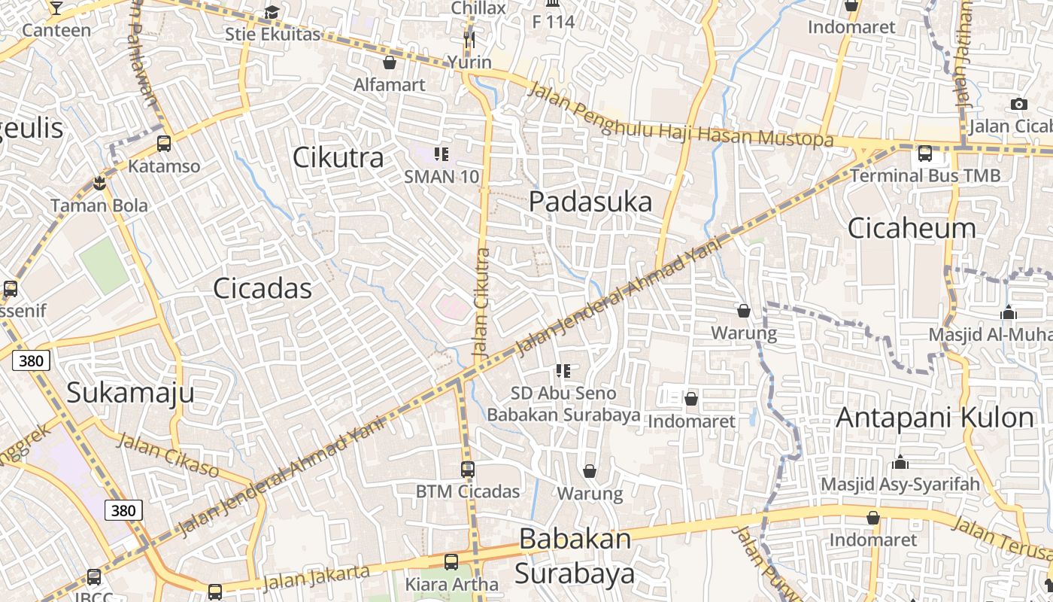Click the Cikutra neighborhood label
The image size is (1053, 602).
point(338,157)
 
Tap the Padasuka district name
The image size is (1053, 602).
point(590,202)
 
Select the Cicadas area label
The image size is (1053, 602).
point(262,288)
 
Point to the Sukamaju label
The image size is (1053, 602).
point(130,392)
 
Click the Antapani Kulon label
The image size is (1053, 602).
point(935,417)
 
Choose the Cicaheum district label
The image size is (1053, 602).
point(912,227)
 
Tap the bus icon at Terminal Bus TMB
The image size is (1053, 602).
point(925,154)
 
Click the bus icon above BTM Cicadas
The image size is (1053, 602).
point(468,470)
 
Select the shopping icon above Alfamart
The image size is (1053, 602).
point(390,62)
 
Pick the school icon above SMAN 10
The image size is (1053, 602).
point(442,154)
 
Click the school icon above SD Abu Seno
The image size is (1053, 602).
point(563,370)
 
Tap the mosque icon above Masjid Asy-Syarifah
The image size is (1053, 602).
point(900,461)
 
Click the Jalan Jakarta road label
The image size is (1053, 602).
point(317,577)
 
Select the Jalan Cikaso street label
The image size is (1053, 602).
point(168,456)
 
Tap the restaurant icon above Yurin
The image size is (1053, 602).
point(469,39)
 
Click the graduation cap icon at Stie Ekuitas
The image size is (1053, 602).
point(272,13)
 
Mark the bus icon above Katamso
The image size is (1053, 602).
point(163,143)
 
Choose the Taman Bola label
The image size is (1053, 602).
point(99,205)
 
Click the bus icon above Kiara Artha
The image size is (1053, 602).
point(451,561)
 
